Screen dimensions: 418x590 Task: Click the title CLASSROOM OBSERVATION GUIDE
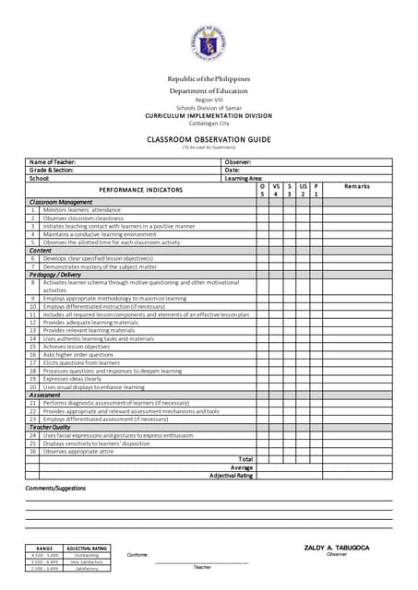(x=209, y=139)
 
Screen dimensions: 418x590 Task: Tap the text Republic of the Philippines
(x=209, y=78)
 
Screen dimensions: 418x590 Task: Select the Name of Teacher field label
(x=53, y=162)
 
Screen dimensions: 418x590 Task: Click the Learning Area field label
(x=244, y=178)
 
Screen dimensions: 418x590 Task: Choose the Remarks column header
(x=357, y=186)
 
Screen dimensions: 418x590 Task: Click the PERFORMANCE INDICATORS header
(x=141, y=190)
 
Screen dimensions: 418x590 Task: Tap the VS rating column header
(x=276, y=186)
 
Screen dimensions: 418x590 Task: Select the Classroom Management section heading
(x=61, y=202)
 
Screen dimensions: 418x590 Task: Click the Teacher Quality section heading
(x=50, y=427)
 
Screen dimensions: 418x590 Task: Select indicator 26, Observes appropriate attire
(x=80, y=451)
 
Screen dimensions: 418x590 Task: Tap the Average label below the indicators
(x=242, y=467)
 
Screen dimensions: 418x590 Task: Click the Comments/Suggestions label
(x=55, y=488)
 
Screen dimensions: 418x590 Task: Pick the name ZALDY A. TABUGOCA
(x=337, y=549)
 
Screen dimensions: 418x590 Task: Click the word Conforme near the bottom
(x=137, y=555)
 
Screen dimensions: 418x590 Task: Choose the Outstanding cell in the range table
(x=87, y=555)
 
